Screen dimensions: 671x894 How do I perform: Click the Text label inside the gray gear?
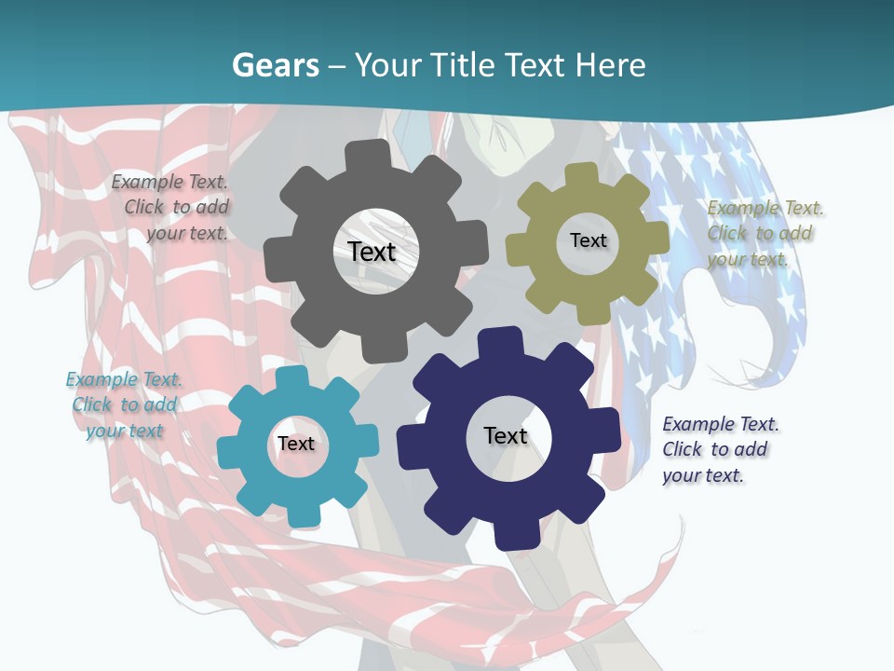372,252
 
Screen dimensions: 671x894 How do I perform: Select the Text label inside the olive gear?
588,240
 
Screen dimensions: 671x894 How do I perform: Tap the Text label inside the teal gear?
295,444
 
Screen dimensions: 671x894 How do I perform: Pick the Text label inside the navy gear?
506,435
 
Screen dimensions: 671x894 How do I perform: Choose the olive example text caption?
765,233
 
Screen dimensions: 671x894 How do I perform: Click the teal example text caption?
124,404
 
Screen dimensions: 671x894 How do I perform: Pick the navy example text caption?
720,449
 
